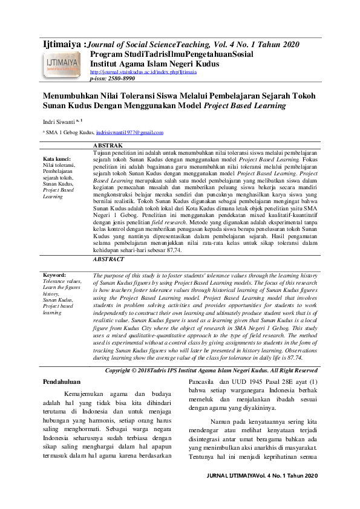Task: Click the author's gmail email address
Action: [x=129, y=132]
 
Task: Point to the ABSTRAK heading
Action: [x=108, y=146]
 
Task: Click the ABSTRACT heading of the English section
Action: [x=110, y=259]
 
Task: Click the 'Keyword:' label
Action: [x=54, y=275]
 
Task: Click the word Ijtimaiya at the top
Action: [x=61, y=44]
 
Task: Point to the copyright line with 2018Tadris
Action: [x=211, y=353]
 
